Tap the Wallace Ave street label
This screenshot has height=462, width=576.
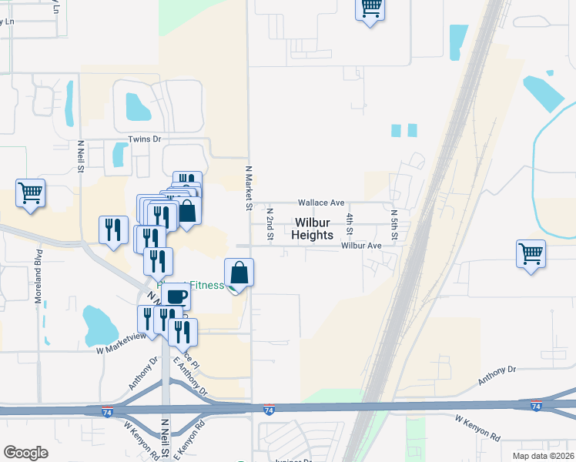tap(322, 203)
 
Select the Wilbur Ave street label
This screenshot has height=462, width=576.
tap(362, 246)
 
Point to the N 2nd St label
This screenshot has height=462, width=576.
tap(270, 223)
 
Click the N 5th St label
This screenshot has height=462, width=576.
tap(393, 224)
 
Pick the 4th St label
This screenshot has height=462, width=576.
tap(350, 224)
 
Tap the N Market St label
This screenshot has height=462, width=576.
tap(249, 188)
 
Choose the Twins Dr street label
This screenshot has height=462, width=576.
tap(145, 139)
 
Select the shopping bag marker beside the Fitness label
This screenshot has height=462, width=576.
tap(239, 273)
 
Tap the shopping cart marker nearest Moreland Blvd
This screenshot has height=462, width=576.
tap(31, 192)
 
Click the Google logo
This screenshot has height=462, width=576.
tap(25, 453)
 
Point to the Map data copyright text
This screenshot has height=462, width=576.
tap(544, 456)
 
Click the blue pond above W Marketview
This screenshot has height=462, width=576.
tap(99, 325)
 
